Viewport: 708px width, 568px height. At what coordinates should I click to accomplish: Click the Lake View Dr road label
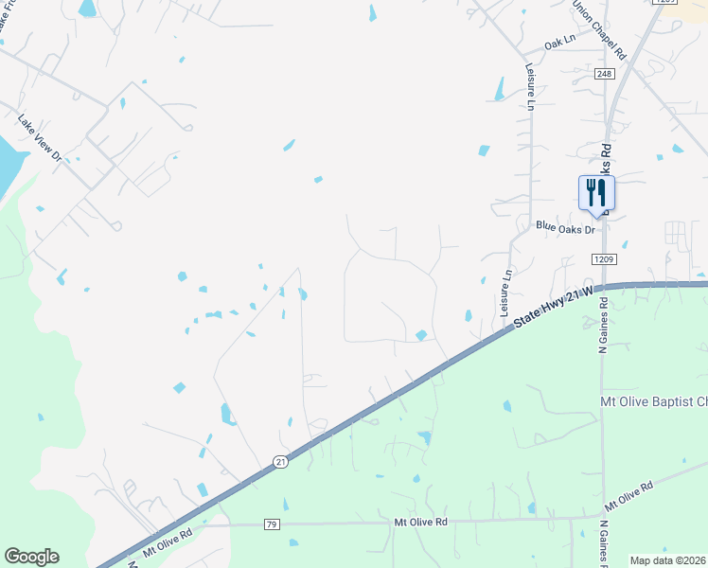(x=39, y=136)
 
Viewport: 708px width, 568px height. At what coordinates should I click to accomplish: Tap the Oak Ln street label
(x=560, y=44)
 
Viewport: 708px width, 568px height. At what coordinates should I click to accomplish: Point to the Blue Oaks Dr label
(x=564, y=228)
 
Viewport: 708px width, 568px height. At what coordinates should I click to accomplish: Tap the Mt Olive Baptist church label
(x=653, y=401)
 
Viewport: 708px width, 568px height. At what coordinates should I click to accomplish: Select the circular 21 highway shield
(x=281, y=461)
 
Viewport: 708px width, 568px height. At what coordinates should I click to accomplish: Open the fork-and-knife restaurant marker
(x=596, y=192)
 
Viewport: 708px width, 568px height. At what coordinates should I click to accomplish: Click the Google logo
(x=31, y=557)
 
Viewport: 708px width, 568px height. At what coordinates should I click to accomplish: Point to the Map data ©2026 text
(x=668, y=560)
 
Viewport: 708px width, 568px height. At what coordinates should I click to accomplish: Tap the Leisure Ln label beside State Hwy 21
(x=504, y=292)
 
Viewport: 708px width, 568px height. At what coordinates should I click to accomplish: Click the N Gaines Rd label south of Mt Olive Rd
(x=604, y=542)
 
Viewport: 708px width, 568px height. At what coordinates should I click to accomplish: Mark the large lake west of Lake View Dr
(x=9, y=161)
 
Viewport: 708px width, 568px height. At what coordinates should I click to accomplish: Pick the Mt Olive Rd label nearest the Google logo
(x=167, y=546)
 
